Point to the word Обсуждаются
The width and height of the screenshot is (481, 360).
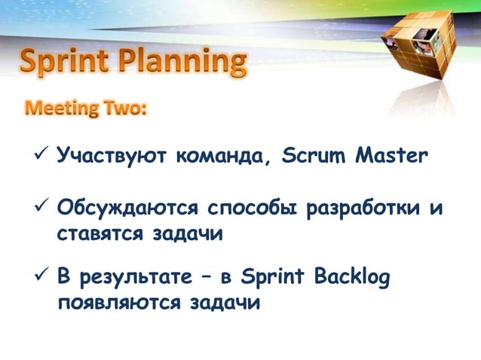128,208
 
